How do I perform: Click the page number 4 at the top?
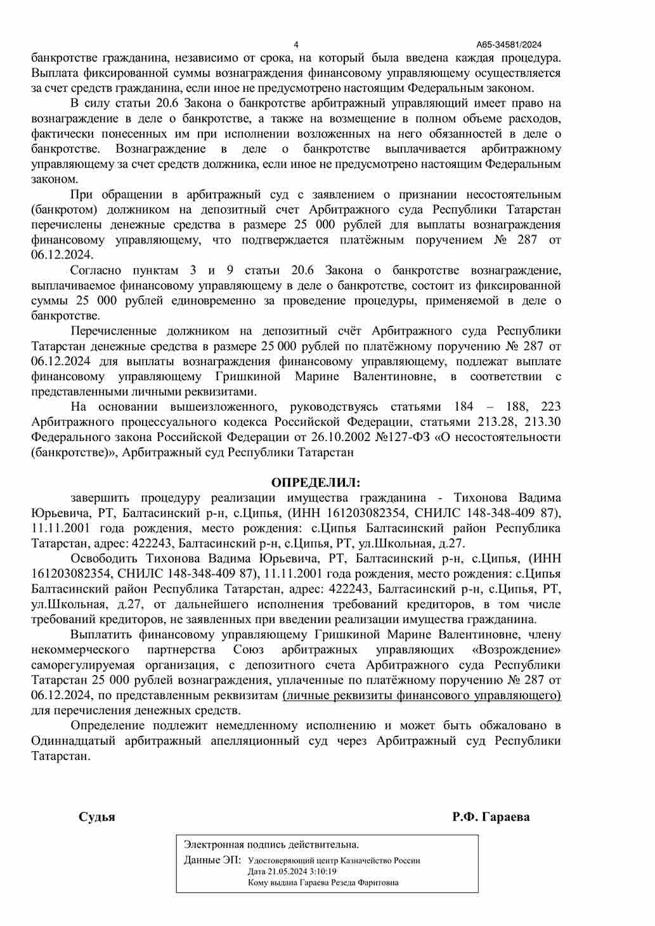(x=296, y=44)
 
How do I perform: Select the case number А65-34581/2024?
(x=509, y=44)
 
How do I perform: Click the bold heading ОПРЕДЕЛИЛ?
(x=315, y=483)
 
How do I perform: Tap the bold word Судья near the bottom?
(x=97, y=817)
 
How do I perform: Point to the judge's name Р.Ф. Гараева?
(x=491, y=817)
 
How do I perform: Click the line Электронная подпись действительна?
(x=271, y=845)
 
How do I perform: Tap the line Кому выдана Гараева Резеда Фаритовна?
(x=323, y=882)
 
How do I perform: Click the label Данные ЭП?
(x=212, y=860)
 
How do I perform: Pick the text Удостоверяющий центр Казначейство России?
(x=334, y=861)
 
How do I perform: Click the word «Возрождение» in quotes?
(x=517, y=650)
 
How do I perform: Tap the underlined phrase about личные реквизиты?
(x=422, y=695)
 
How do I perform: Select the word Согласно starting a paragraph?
(x=96, y=271)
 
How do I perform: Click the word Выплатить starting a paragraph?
(x=101, y=634)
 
